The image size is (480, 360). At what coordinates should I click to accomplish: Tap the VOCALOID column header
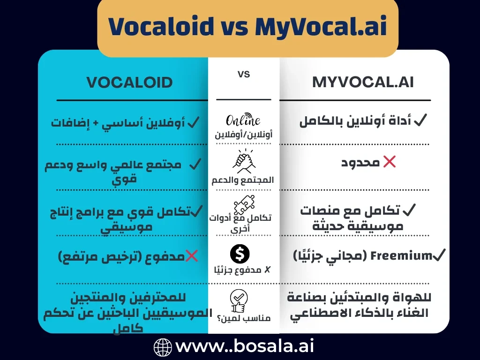coord(129,83)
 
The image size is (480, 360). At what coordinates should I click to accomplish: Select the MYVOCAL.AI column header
coord(363,82)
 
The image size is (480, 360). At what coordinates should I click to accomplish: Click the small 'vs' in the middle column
coord(244,74)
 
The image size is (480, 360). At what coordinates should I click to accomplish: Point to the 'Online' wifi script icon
coord(243,120)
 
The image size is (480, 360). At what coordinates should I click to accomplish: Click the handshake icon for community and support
coord(243,161)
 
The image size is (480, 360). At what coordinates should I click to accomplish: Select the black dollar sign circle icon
coord(240,254)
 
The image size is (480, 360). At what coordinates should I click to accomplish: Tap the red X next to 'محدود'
coord(389,162)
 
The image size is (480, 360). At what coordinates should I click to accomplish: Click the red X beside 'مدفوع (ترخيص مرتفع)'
coord(191,256)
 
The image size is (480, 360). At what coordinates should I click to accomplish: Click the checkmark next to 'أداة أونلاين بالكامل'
coord(420,121)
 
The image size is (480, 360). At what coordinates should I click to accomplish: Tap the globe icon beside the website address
coord(163,347)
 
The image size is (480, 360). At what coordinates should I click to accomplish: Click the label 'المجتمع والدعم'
coord(243,180)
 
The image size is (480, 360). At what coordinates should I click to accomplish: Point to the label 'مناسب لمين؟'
coord(244,318)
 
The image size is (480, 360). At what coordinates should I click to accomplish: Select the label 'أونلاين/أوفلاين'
coord(243,135)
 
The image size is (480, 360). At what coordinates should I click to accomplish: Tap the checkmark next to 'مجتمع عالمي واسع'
coord(195,165)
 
